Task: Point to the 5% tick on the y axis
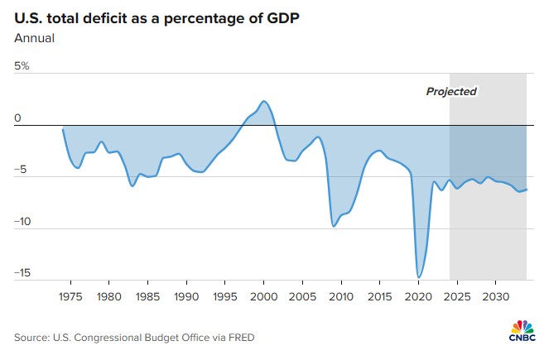click(22, 66)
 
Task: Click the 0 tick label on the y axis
click(17, 118)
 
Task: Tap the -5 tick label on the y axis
click(22, 170)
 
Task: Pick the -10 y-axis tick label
click(23, 222)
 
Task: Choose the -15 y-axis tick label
click(23, 273)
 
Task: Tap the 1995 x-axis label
click(224, 295)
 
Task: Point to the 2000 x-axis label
click(263, 295)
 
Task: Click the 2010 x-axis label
click(341, 295)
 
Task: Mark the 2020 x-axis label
click(418, 295)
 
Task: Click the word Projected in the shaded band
click(451, 91)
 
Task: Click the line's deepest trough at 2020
click(419, 277)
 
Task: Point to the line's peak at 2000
click(263, 101)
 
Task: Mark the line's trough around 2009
click(334, 226)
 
